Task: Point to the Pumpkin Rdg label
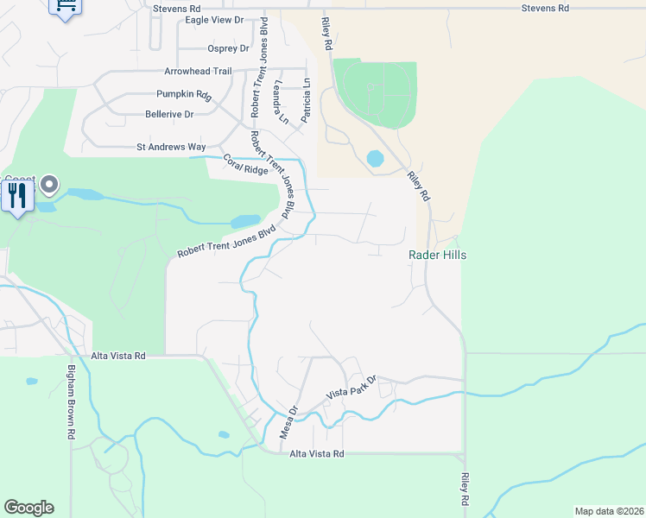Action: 184,94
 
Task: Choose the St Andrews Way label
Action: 171,147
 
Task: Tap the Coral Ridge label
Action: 246,164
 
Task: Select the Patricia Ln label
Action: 306,101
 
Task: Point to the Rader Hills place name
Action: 437,255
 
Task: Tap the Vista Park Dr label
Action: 351,387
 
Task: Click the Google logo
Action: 28,508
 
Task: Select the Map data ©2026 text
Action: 608,511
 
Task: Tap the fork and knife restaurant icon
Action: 16,197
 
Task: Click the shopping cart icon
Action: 66,6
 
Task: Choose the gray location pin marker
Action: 49,184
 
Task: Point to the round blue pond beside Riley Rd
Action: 375,159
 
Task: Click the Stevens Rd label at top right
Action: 545,8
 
